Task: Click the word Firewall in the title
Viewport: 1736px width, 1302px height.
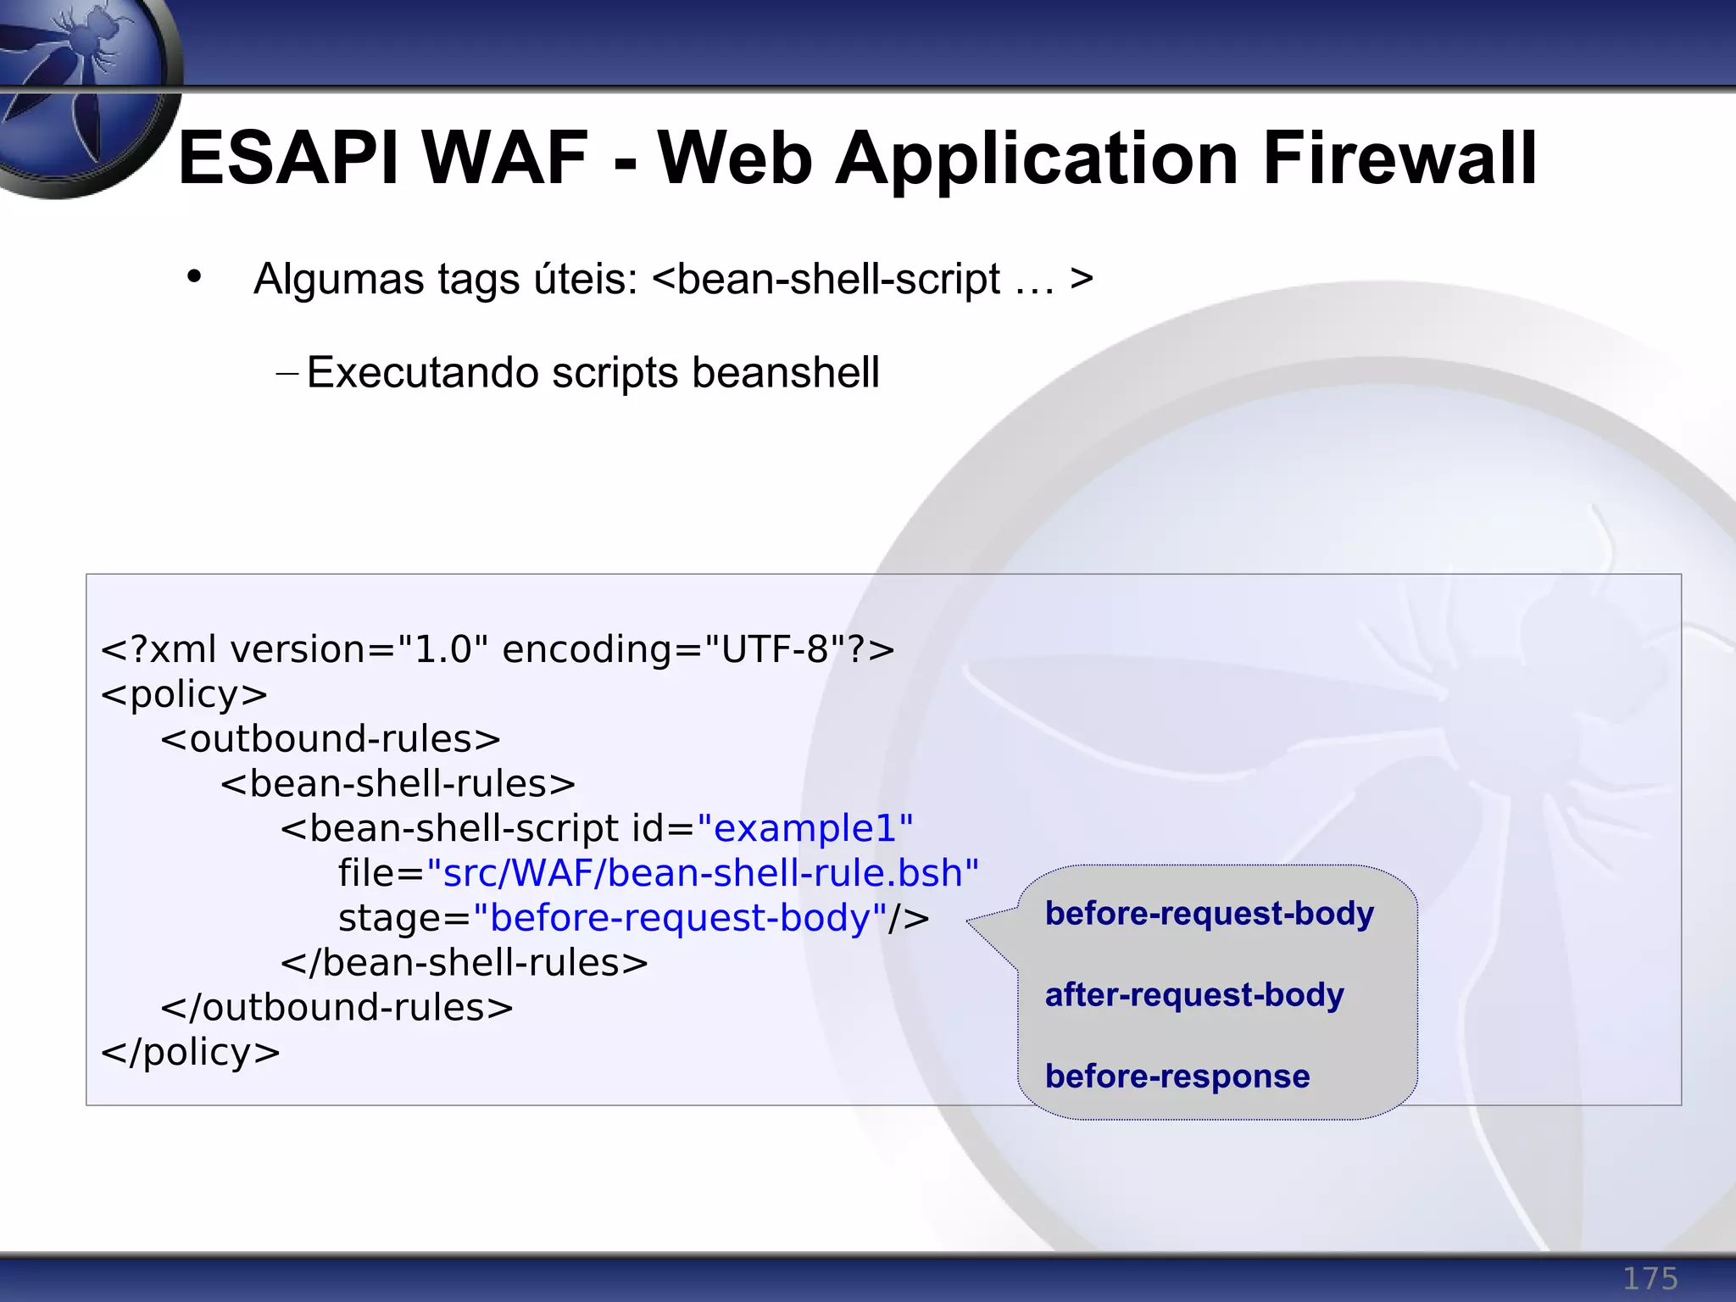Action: [1399, 159]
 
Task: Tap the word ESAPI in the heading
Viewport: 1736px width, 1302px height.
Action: [288, 159]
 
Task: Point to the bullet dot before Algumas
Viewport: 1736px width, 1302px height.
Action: [195, 276]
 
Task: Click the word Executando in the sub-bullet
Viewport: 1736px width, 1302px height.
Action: [422, 373]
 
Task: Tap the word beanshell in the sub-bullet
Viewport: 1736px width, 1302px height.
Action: [785, 373]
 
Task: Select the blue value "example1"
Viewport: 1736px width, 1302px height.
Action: [804, 828]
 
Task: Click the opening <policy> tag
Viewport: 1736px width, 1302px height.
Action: [184, 694]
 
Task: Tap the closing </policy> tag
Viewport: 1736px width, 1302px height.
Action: [190, 1053]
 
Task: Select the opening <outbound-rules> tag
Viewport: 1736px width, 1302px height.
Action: [331, 739]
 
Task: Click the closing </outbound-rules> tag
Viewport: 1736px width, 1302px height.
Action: [337, 1008]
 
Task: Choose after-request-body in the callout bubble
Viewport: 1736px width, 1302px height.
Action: [1193, 994]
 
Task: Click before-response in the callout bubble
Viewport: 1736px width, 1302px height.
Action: [1177, 1076]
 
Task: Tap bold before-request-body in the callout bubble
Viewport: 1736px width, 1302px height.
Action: [1209, 913]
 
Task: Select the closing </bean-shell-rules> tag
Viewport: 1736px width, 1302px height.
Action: [464, 963]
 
